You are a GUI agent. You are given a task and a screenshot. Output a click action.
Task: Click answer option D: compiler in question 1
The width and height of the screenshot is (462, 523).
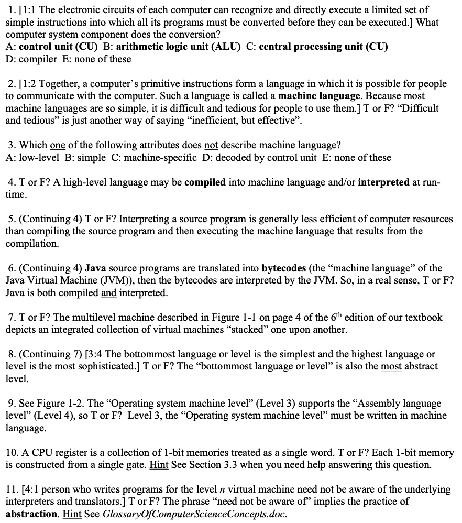click(30, 59)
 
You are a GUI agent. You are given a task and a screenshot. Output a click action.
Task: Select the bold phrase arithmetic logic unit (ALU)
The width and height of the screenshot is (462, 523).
click(178, 47)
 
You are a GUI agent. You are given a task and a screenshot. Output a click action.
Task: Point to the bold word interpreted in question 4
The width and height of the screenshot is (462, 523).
click(384, 182)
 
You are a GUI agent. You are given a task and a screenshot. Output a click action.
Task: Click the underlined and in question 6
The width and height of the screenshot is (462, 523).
click(108, 293)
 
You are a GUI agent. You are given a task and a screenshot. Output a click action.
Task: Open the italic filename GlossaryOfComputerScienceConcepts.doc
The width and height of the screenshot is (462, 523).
click(195, 514)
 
